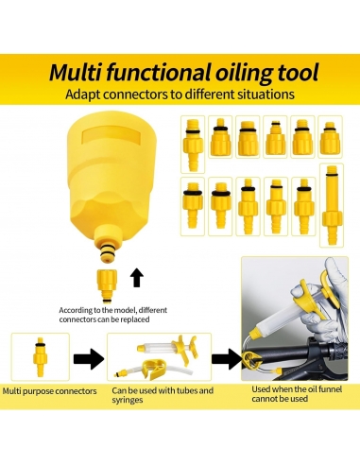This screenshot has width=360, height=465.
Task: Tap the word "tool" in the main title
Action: (298, 73)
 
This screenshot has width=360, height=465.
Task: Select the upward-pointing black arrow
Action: (137, 278)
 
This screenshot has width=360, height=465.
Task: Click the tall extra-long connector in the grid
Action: (332, 205)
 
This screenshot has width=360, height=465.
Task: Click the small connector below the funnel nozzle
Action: (107, 285)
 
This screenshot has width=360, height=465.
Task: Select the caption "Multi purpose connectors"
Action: (49, 391)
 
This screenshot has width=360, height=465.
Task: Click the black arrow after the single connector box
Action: (89, 358)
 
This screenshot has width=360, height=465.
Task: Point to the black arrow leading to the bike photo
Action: (226, 359)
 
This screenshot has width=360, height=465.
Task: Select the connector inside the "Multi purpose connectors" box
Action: (40, 357)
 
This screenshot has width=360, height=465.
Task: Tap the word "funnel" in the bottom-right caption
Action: (330, 389)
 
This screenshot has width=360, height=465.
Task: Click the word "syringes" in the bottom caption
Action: (128, 401)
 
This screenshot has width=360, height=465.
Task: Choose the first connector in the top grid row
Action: (193, 145)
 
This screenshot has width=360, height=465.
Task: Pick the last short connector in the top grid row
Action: (330, 138)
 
